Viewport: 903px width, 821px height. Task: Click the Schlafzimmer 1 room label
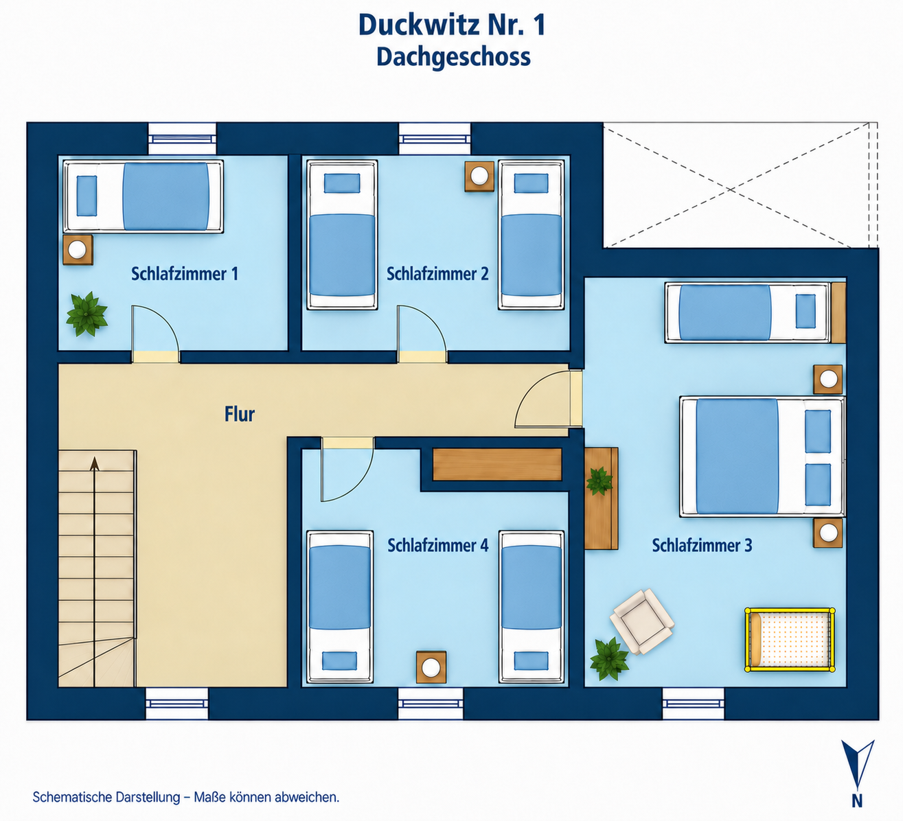[185, 274]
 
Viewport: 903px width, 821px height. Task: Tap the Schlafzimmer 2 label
[437, 274]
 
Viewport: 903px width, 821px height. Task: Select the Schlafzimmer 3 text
[702, 545]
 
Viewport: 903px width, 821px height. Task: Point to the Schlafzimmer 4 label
[438, 545]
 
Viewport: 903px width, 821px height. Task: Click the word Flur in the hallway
[240, 414]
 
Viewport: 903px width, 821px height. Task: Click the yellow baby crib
[790, 640]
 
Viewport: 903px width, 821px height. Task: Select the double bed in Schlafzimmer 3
[762, 456]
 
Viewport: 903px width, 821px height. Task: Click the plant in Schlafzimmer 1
[87, 314]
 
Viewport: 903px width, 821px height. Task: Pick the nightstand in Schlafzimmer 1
[78, 249]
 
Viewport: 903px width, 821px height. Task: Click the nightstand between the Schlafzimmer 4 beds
[431, 667]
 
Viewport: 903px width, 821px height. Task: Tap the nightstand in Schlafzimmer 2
[479, 176]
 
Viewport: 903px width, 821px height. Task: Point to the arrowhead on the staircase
[95, 463]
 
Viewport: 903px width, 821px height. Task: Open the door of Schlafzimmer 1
[155, 333]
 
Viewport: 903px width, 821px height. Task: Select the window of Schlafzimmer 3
[694, 703]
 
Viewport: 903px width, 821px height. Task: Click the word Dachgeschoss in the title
[454, 57]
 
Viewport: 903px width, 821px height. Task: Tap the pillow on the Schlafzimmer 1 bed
[87, 196]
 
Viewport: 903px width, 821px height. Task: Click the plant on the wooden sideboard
[599, 481]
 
